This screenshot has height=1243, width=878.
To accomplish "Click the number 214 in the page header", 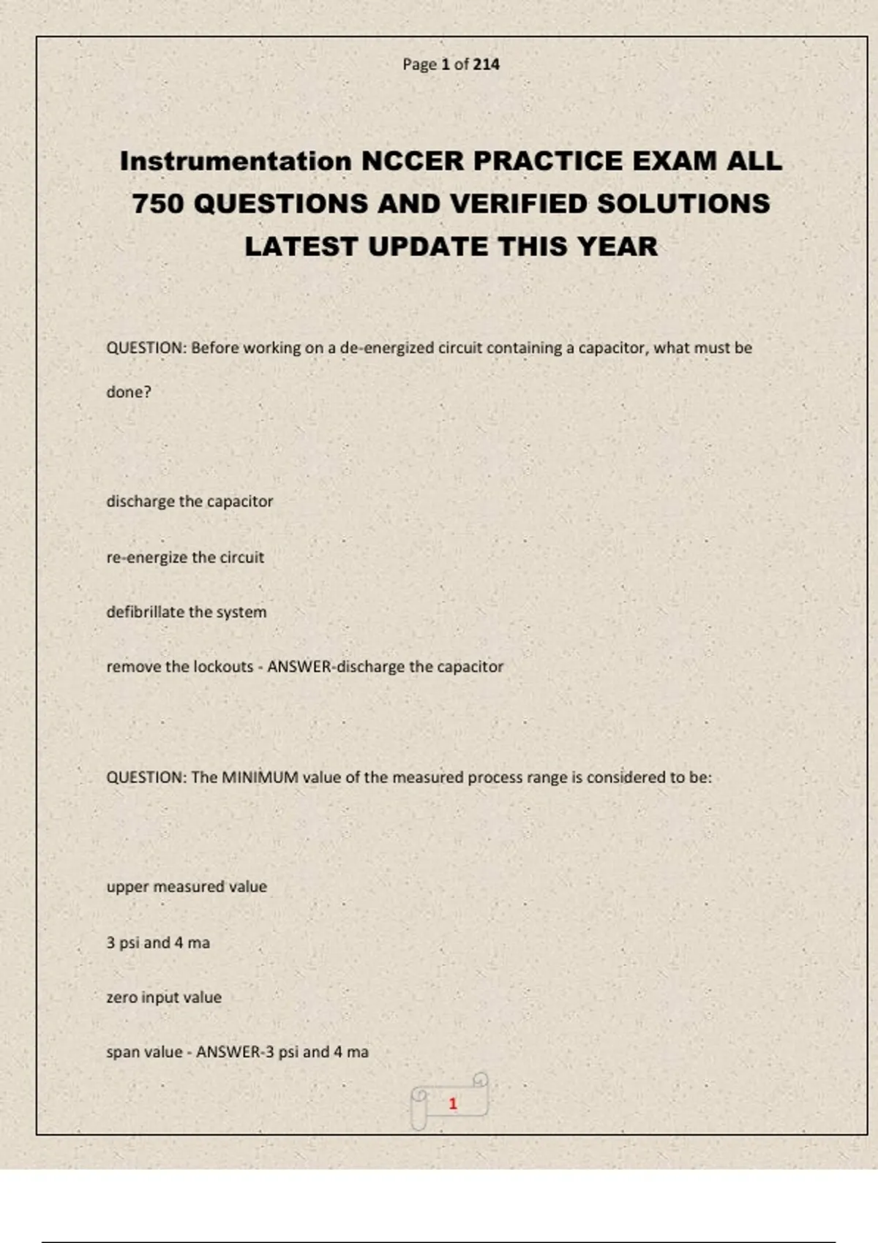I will point(486,64).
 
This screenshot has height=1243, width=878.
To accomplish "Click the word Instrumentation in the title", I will point(236,162).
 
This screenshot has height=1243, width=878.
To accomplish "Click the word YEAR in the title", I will point(617,247).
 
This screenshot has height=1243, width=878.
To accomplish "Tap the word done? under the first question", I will point(129,392).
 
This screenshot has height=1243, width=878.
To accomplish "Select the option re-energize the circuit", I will point(185,557).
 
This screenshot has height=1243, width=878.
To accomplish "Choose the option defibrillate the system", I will point(187,612).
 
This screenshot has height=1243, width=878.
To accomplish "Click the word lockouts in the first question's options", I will point(223,667).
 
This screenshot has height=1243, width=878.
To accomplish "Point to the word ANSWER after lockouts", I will point(299,667).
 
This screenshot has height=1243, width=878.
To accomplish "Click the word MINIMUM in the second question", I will point(260,777).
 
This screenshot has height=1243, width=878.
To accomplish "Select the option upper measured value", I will point(187,887).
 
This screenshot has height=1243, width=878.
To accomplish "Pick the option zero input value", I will point(164,997).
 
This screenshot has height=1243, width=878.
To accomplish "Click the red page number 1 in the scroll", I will point(453,1103).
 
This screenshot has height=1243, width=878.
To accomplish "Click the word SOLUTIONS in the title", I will point(683,204).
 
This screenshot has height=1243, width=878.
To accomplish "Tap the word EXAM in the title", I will point(673,162).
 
